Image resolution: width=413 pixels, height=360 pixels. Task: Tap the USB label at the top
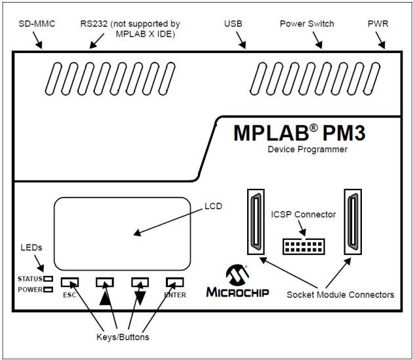(233, 24)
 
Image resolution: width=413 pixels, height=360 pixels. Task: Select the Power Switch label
(307, 24)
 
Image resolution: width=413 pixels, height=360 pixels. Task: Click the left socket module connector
(255, 222)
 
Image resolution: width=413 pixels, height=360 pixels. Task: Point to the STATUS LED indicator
(48, 279)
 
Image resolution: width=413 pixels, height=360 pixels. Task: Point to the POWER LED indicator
(48, 289)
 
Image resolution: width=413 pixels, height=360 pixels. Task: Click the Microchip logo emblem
(236, 274)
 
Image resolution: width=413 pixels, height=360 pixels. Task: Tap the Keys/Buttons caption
(117, 338)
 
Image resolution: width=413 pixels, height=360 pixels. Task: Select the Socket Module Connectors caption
(341, 295)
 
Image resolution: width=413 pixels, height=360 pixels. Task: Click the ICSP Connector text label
(303, 214)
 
